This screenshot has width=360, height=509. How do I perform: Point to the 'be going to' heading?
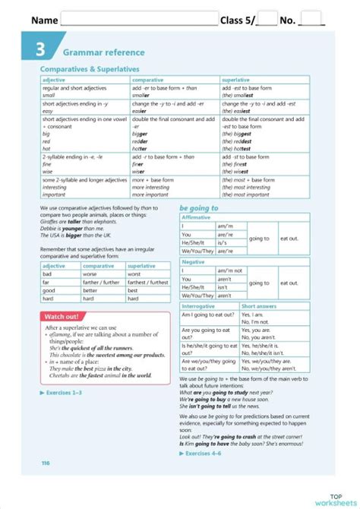199,207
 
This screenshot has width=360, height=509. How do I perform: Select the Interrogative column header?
199,306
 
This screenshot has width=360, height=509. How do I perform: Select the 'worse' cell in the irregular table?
90,273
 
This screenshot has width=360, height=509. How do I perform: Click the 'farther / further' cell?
102,282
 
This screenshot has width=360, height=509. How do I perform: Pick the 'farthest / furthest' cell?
147,282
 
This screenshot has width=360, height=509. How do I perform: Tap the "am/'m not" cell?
229,270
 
